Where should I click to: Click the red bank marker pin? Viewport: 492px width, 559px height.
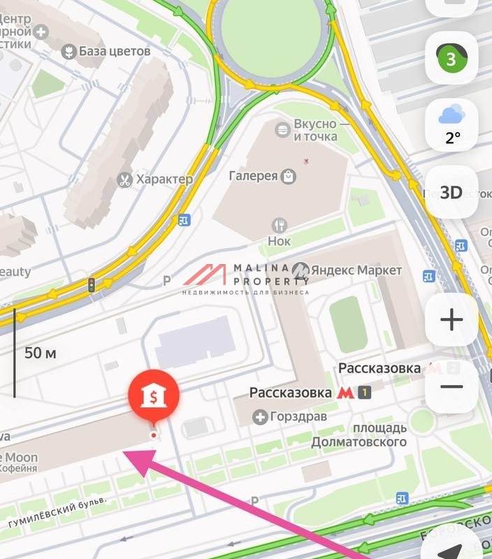point(153,397)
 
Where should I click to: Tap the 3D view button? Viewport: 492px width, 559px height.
point(451,192)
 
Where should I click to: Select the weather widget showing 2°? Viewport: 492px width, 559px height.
point(451,124)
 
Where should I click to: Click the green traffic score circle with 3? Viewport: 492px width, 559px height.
point(451,59)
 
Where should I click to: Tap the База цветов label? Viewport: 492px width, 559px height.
point(107,52)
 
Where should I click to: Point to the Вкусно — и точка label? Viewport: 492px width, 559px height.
point(315,130)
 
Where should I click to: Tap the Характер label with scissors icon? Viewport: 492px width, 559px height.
point(155,180)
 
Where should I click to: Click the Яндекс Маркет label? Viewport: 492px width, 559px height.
point(347,270)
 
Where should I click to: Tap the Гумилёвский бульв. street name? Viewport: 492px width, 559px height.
point(57,511)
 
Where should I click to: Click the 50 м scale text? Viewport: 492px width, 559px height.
point(40,353)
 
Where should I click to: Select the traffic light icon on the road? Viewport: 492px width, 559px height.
point(91,284)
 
